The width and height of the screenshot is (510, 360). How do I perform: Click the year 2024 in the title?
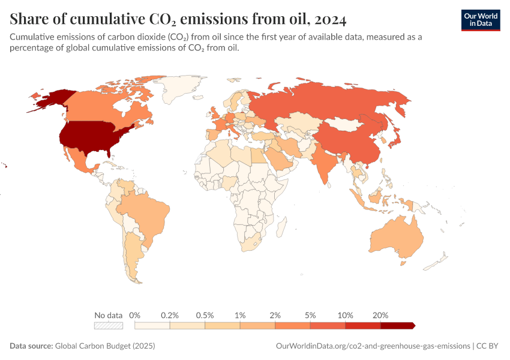(x=329, y=20)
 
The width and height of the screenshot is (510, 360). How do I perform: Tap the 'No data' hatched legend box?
(x=108, y=325)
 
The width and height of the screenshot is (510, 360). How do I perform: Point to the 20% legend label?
(x=380, y=315)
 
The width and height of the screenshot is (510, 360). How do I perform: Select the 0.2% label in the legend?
(x=170, y=315)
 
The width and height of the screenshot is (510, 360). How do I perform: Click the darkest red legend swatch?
(x=397, y=325)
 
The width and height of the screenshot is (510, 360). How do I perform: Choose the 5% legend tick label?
(x=310, y=315)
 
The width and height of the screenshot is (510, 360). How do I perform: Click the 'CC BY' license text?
(x=488, y=346)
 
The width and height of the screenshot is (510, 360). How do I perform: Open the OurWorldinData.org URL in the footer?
(x=373, y=346)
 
